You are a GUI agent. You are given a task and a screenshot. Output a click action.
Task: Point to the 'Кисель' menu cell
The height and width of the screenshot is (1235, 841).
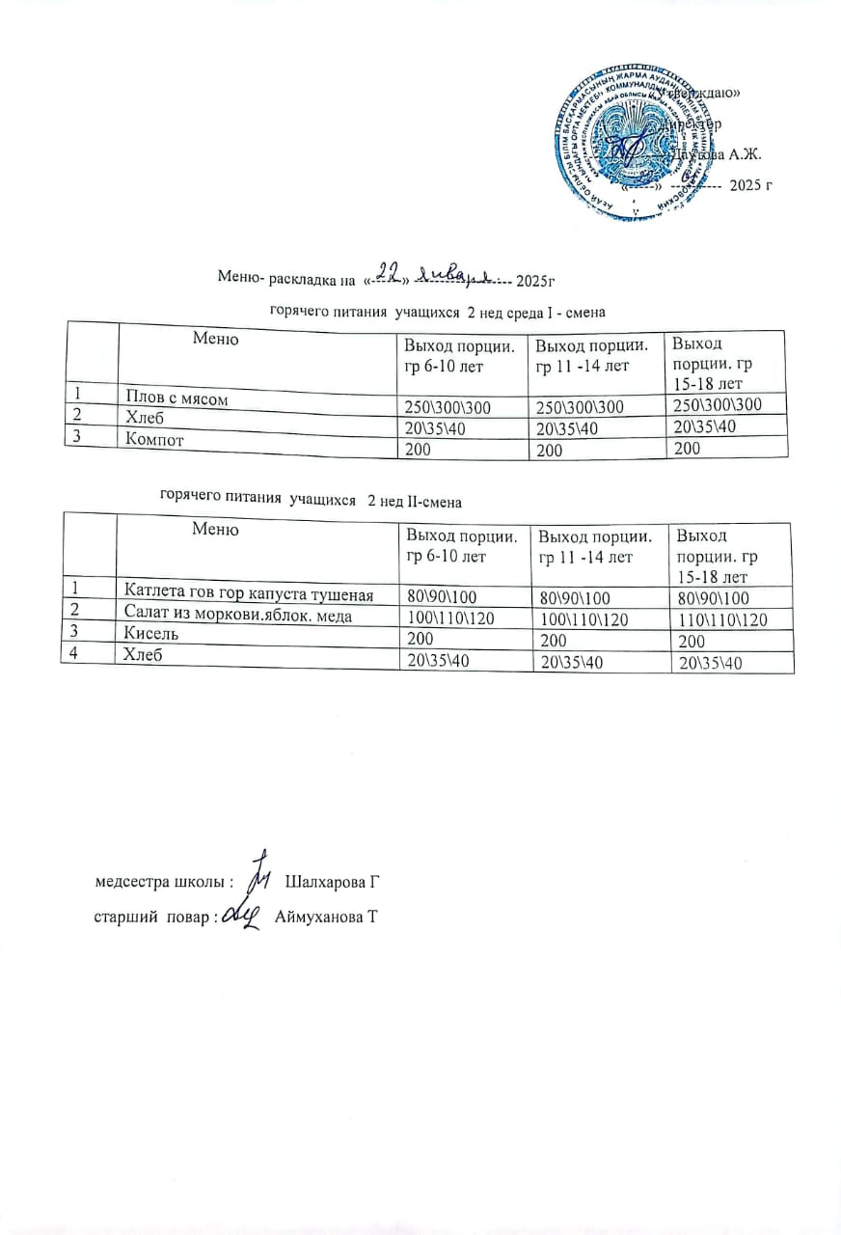pos(150,635)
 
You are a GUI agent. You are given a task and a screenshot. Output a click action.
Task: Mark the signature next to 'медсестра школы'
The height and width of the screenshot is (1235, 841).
pos(258,873)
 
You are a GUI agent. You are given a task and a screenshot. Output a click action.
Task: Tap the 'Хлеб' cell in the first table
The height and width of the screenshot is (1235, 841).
pos(145,419)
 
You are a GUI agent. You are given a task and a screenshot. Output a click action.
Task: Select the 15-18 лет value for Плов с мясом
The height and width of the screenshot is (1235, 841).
pos(718,403)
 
